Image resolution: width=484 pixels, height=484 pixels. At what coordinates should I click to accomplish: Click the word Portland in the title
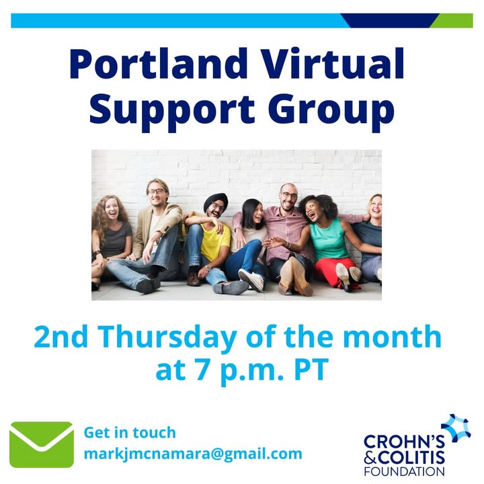click(154, 65)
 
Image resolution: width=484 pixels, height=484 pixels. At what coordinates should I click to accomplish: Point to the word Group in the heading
click(337, 110)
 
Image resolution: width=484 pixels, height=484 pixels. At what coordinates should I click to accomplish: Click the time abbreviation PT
click(310, 371)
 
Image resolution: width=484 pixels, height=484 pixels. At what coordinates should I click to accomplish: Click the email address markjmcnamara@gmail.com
click(193, 454)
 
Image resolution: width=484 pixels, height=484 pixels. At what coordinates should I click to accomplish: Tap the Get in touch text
click(130, 432)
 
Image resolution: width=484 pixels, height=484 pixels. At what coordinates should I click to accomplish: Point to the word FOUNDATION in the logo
click(404, 472)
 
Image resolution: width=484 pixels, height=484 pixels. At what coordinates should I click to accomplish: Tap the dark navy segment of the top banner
click(390, 20)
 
